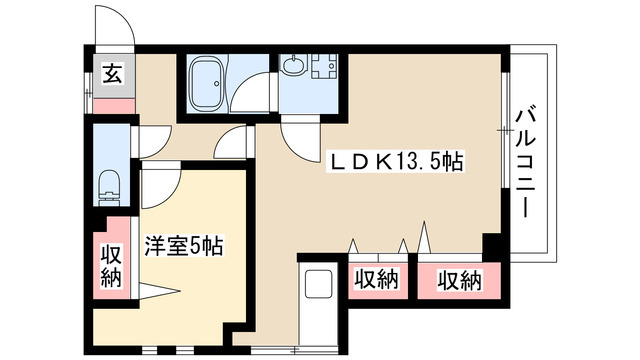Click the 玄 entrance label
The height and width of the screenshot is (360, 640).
point(111,72)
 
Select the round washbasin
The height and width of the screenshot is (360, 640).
point(292,67)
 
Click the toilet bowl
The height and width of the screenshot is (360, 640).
point(110,186)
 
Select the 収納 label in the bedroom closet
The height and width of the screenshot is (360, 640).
point(111,264)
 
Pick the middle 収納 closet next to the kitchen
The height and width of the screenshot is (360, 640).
point(376,281)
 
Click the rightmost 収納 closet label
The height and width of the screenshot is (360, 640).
point(459,281)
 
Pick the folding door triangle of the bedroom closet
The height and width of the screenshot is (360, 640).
point(160,292)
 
